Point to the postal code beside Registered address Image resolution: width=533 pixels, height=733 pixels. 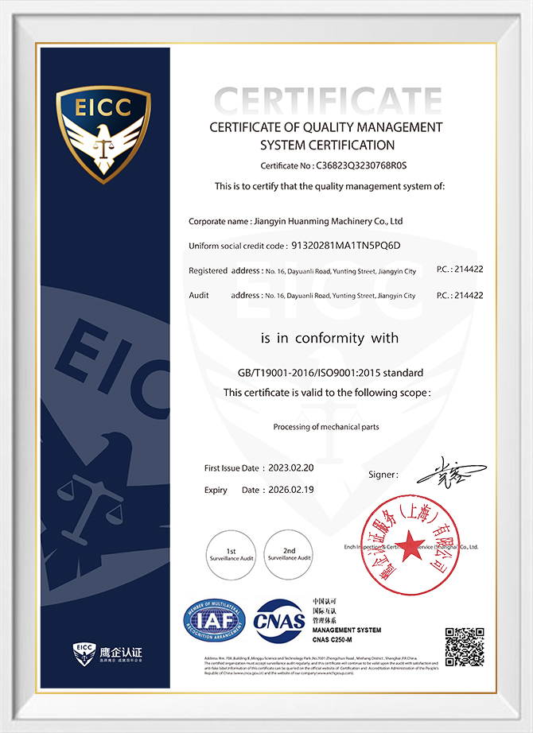pos(470,270)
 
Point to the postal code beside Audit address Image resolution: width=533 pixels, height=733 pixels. pos(470,295)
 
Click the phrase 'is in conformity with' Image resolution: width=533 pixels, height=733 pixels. pos(329,338)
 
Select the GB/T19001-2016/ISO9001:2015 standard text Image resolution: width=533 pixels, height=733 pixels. pos(329,372)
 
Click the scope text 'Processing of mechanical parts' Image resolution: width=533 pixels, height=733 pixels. pos(326,427)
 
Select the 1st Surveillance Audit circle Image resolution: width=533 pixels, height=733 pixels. pos(231,553)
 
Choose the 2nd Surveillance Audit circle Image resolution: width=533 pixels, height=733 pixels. pos(289,553)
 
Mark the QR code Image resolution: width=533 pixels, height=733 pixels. pos(464,646)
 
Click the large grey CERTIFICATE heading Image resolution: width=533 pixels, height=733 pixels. pos(329,102)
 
